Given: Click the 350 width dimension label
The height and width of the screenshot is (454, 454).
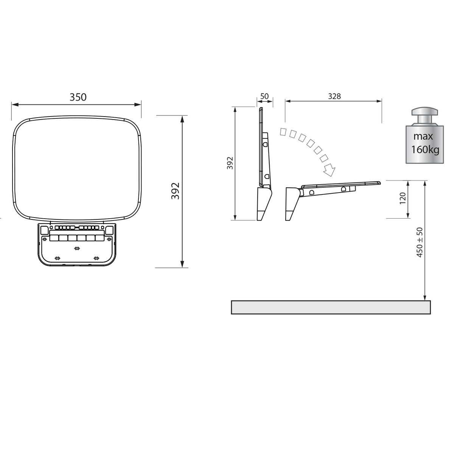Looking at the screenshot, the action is point(78,97).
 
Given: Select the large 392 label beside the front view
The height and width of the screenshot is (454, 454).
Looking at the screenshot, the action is point(175,191).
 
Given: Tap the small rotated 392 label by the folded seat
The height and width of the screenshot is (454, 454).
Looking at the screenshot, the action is point(230,163).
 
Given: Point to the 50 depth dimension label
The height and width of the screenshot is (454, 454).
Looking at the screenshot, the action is point(264,96).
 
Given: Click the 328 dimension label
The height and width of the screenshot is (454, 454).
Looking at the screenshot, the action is point(334,96).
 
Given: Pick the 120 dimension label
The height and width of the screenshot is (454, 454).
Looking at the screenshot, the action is point(403,198).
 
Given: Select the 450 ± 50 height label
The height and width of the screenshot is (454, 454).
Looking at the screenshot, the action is point(420,242).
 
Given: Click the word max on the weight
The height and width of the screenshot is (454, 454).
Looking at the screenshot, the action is point(423,137).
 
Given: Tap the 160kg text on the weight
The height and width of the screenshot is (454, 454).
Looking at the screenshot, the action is point(425,149).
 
